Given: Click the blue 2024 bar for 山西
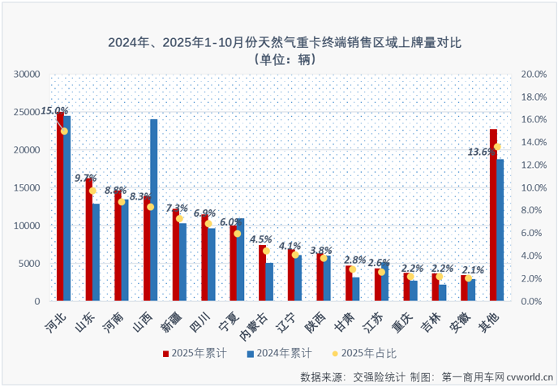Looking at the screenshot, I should click(x=154, y=210).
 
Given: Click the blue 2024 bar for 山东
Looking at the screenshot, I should click(x=96, y=252).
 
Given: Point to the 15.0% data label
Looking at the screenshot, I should click(x=54, y=110).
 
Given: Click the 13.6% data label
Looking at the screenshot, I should click(x=481, y=152).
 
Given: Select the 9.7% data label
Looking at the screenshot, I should click(x=85, y=178).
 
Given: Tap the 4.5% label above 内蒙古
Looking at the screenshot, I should click(x=260, y=239).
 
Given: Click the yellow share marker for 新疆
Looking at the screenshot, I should click(x=179, y=218).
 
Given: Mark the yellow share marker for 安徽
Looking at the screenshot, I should click(x=468, y=278).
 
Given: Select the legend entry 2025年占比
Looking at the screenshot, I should click(x=363, y=354).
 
